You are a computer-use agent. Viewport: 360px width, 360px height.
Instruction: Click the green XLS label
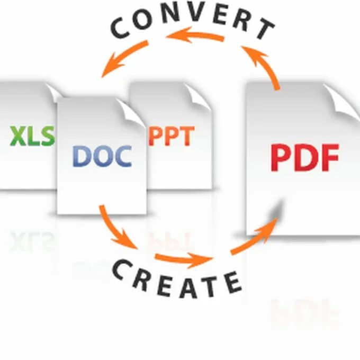pyautogui.click(x=32, y=136)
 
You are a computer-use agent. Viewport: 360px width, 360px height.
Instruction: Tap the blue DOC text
pyautogui.click(x=102, y=156)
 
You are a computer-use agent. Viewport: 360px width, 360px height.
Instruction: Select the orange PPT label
pyautogui.click(x=171, y=136)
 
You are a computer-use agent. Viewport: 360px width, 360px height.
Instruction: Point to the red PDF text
pyautogui.click(x=304, y=157)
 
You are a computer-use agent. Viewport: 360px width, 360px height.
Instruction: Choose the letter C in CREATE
pyautogui.click(x=120, y=269)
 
